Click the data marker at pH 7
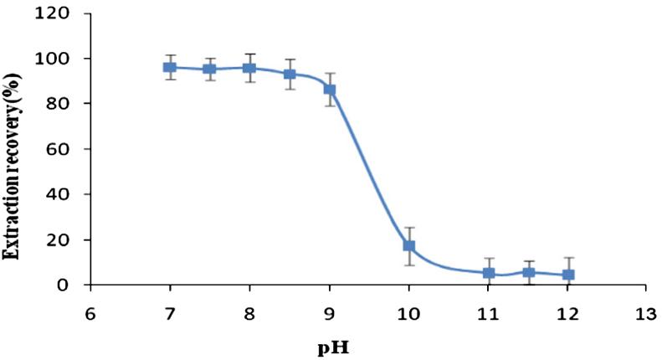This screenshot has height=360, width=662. pyautogui.click(x=170, y=67)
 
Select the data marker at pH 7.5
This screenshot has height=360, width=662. pyautogui.click(x=209, y=69)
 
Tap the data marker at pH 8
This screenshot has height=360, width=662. pyautogui.click(x=249, y=68)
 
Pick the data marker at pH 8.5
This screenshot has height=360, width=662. pyautogui.click(x=290, y=75)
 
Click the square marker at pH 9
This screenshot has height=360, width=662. pyautogui.click(x=330, y=90)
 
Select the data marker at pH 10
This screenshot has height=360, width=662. pyautogui.click(x=409, y=246)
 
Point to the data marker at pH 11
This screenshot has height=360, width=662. pyautogui.click(x=489, y=273)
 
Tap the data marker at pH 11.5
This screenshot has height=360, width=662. pyautogui.click(x=528, y=272)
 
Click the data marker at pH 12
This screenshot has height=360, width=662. pyautogui.click(x=568, y=275)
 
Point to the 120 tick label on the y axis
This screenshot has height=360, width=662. pyautogui.click(x=59, y=13)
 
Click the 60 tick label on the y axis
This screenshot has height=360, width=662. pyautogui.click(x=64, y=149)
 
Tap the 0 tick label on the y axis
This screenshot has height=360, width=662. pyautogui.click(x=68, y=285)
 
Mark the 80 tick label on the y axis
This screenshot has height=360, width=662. pyautogui.click(x=64, y=104)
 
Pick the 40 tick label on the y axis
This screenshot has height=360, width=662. pyautogui.click(x=64, y=194)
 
